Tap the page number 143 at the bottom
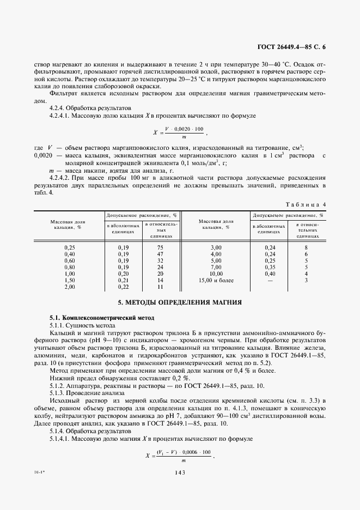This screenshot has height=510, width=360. click(x=180, y=472)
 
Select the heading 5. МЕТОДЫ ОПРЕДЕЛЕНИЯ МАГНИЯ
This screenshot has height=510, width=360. click(x=180, y=302)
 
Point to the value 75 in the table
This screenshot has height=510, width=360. click(x=160, y=247)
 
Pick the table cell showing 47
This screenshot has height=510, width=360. click(x=160, y=254)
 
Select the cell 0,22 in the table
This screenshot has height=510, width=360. click(x=123, y=287)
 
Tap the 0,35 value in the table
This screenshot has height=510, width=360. click(x=269, y=267)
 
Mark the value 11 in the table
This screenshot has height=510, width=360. click(x=160, y=287)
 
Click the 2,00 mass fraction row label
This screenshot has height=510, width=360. click(x=70, y=287)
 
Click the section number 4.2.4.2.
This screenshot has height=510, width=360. click(x=62, y=177)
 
